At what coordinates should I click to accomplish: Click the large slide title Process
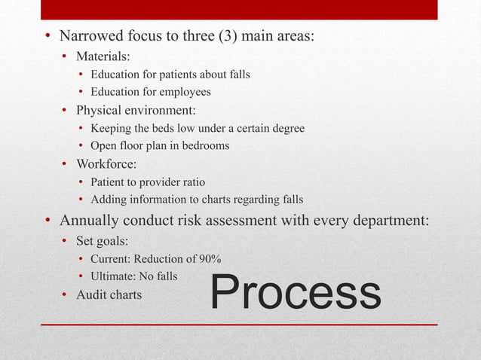pyautogui.click(x=296, y=293)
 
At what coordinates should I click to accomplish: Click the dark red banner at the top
pyautogui.click(x=239, y=9)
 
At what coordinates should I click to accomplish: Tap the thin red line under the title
pyautogui.click(x=239, y=325)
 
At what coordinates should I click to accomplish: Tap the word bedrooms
pyautogui.click(x=203, y=145)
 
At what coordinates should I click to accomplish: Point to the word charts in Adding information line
pyautogui.click(x=209, y=200)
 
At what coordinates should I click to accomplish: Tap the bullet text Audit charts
pyautogui.click(x=109, y=294)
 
